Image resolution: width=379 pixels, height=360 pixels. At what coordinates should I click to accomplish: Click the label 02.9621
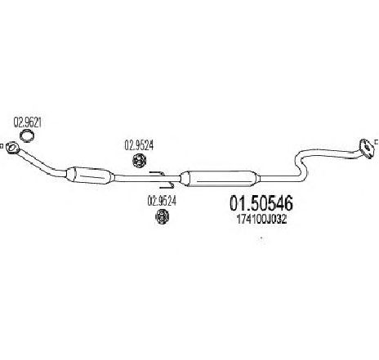point(27,122)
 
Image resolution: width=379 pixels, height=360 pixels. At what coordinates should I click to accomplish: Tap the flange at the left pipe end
point(12,148)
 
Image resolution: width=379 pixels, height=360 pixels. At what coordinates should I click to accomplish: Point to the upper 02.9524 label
point(139,145)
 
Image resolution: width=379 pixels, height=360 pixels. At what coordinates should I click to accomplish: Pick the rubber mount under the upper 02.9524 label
point(139,161)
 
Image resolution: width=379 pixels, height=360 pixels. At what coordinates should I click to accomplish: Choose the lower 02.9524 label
point(162,201)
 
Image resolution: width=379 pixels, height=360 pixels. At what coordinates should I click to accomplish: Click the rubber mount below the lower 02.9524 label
point(162,216)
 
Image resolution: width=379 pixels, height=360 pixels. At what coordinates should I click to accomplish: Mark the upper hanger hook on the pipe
point(156,173)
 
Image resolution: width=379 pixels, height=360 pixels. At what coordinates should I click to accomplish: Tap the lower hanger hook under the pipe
point(167,186)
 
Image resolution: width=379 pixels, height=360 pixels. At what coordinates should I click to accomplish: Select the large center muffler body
point(220,179)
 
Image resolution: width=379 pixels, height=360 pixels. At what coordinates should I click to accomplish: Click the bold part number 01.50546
point(261,203)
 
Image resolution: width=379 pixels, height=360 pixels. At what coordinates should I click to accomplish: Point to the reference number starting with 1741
point(261,220)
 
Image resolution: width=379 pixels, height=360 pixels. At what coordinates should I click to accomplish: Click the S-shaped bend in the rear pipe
point(301,165)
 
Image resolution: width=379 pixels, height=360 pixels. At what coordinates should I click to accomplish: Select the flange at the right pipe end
point(367,149)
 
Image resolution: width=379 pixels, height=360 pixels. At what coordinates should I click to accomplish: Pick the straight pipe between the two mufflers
point(147,178)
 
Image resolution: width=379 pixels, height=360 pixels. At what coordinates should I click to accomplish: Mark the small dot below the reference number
point(261,238)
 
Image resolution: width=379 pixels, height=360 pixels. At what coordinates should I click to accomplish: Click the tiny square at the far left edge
point(1,146)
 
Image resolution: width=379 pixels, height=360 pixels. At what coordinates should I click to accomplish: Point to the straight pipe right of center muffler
point(279,178)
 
